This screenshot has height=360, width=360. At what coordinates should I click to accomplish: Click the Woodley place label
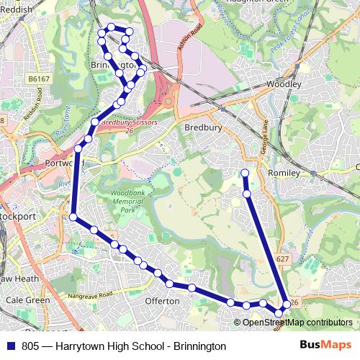point(282,84)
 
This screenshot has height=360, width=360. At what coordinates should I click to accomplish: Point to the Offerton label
point(162,301)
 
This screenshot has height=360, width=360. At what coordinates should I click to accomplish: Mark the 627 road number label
point(282,258)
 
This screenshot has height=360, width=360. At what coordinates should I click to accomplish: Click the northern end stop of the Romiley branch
point(245,173)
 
